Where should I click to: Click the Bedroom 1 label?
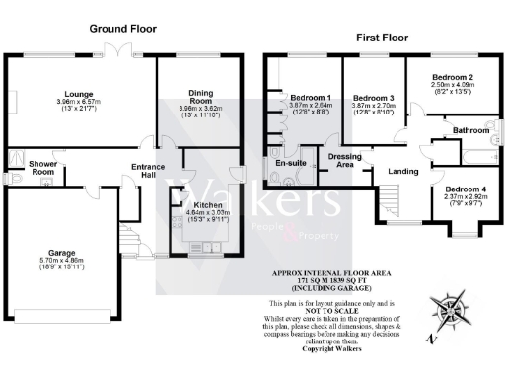310,98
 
